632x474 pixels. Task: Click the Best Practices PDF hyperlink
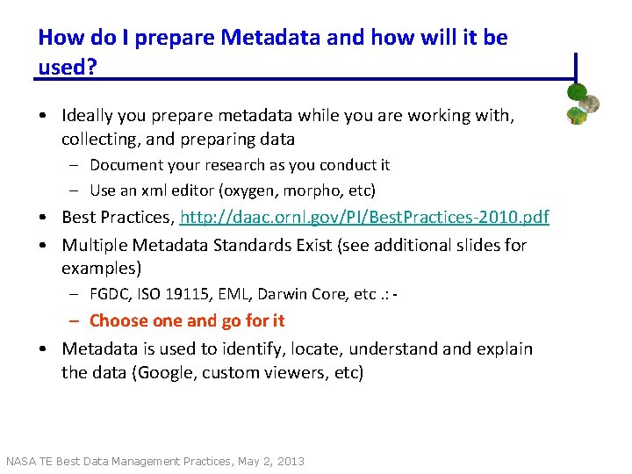pos(364,217)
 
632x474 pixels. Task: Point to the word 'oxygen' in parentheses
pos(251,190)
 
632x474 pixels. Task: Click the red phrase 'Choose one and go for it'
pos(187,320)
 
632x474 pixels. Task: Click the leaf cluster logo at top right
pos(582,104)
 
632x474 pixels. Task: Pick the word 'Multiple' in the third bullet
pos(94,244)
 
